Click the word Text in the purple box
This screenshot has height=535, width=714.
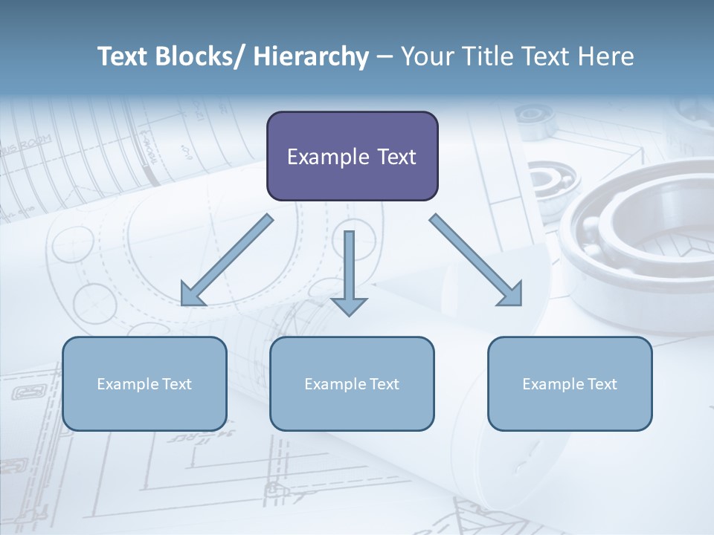[396, 157]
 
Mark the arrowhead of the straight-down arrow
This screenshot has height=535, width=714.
[349, 306]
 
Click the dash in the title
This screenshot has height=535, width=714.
[385, 57]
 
